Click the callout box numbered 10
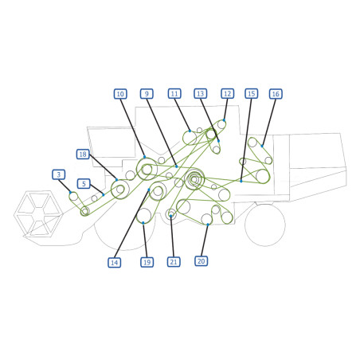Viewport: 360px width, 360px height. click(x=120, y=94)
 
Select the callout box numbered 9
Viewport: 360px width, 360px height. click(x=147, y=94)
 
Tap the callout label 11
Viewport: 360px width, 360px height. click(x=174, y=94)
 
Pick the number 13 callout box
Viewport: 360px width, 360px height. click(x=201, y=94)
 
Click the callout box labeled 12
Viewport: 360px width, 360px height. click(x=228, y=94)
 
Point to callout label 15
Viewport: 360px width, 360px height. click(x=251, y=94)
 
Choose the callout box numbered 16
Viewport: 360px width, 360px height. click(x=276, y=94)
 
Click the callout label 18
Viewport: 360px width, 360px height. click(x=83, y=155)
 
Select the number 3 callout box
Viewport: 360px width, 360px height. click(x=59, y=174)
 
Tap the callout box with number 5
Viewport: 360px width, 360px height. click(x=84, y=184)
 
